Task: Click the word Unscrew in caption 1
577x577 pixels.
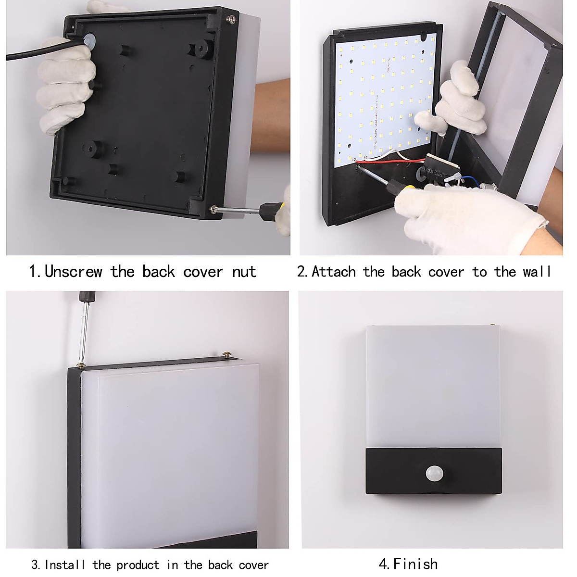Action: (x=74, y=272)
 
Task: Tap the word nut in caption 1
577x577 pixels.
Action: (x=244, y=272)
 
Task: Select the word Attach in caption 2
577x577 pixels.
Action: (x=334, y=272)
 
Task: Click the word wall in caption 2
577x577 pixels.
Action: (x=537, y=272)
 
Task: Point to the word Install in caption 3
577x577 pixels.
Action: (x=65, y=564)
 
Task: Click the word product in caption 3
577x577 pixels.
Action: (x=138, y=565)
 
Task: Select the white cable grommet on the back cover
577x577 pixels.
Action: (x=89, y=41)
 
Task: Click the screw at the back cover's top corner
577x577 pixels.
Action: (x=233, y=19)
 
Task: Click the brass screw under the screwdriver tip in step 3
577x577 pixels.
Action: (x=80, y=365)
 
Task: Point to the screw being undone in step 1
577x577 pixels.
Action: (x=213, y=209)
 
